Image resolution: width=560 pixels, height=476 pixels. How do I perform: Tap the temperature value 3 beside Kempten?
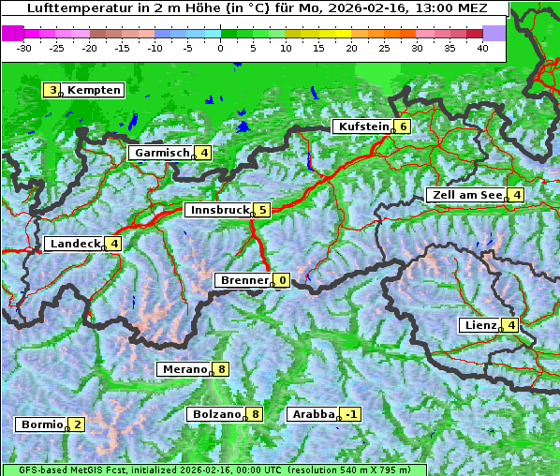(52, 90)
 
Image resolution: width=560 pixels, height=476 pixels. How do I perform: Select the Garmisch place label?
(161, 153)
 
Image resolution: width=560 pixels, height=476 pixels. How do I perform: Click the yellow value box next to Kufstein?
(402, 126)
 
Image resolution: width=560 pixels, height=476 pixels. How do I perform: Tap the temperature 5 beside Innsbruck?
(263, 210)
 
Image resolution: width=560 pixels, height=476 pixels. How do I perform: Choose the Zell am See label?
(465, 195)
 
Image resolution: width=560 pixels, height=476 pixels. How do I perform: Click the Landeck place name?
(75, 244)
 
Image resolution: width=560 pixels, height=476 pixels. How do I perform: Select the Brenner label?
(243, 280)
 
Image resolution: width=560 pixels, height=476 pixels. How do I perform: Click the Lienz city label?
(479, 325)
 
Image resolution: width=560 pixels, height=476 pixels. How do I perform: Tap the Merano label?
(184, 369)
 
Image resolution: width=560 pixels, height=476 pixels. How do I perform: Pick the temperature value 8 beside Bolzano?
(256, 414)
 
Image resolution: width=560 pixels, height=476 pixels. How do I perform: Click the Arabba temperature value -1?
(350, 414)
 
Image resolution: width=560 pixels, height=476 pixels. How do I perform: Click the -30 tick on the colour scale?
(24, 47)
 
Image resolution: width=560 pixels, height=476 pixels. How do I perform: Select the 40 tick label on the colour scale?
(482, 47)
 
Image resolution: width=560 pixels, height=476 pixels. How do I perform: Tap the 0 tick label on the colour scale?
(221, 47)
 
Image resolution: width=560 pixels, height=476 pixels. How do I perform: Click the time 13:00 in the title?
(399, 7)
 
